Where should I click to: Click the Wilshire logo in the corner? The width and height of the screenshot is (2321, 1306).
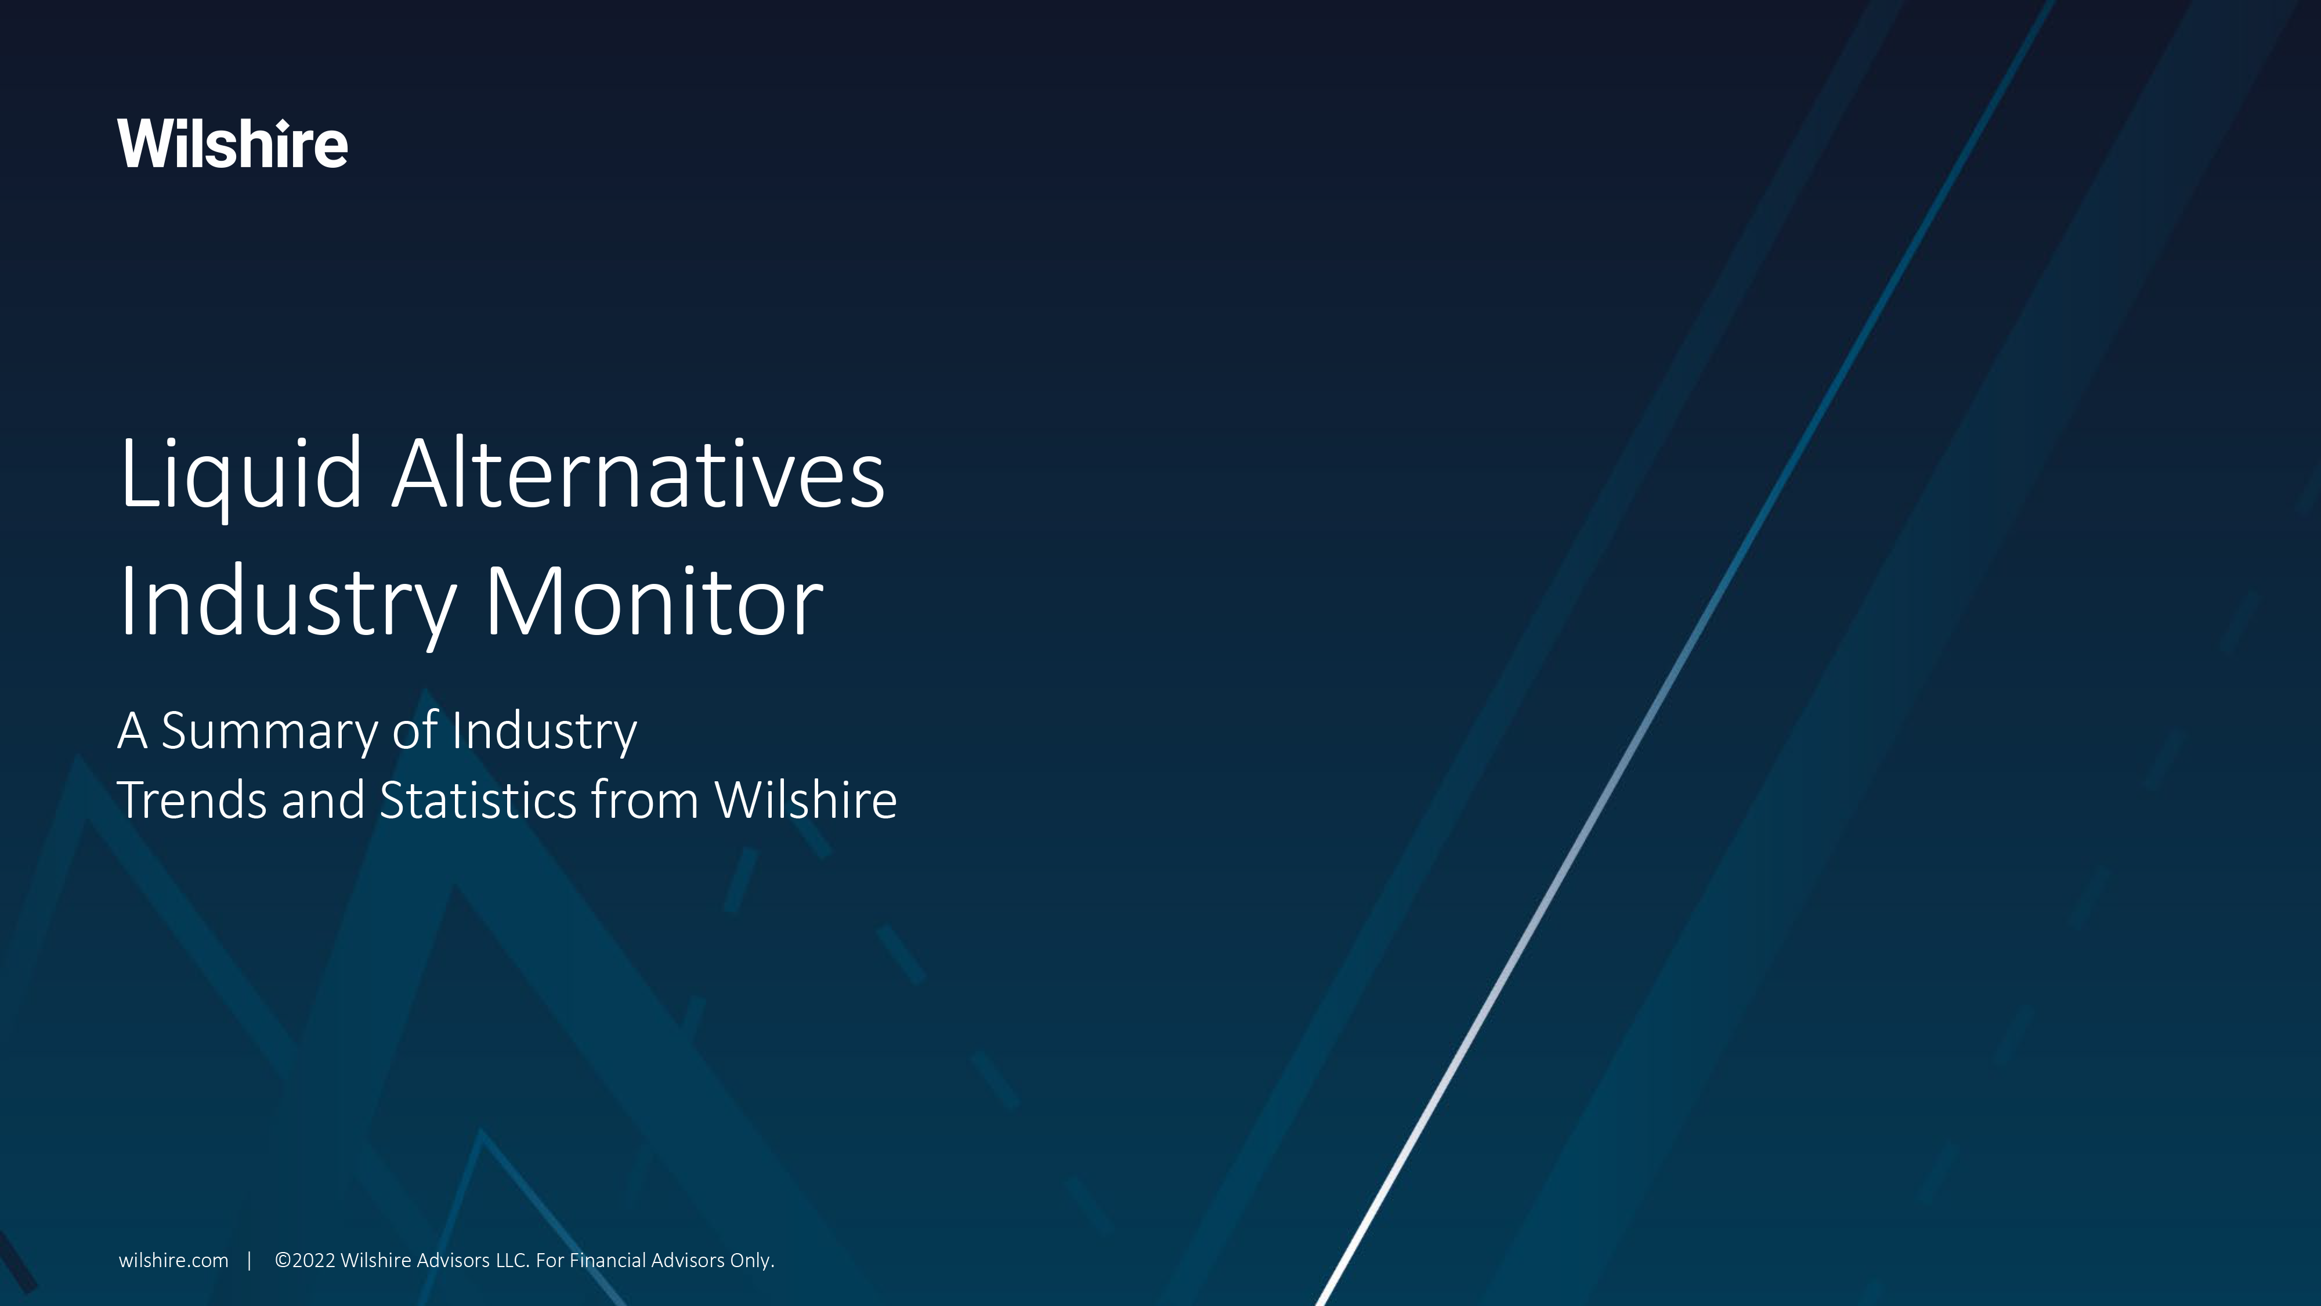click(x=232, y=144)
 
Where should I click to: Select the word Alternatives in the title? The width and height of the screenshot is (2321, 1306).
click(x=638, y=474)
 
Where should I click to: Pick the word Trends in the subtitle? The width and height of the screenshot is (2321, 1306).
click(x=191, y=800)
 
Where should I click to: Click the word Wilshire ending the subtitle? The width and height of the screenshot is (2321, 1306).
click(x=805, y=800)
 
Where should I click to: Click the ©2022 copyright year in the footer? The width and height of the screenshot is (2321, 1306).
click(x=305, y=1261)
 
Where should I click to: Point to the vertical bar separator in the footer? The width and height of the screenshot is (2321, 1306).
click(x=250, y=1261)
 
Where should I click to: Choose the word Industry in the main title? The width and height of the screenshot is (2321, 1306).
click(x=287, y=602)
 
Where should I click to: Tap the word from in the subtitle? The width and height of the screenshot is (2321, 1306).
click(x=644, y=800)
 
